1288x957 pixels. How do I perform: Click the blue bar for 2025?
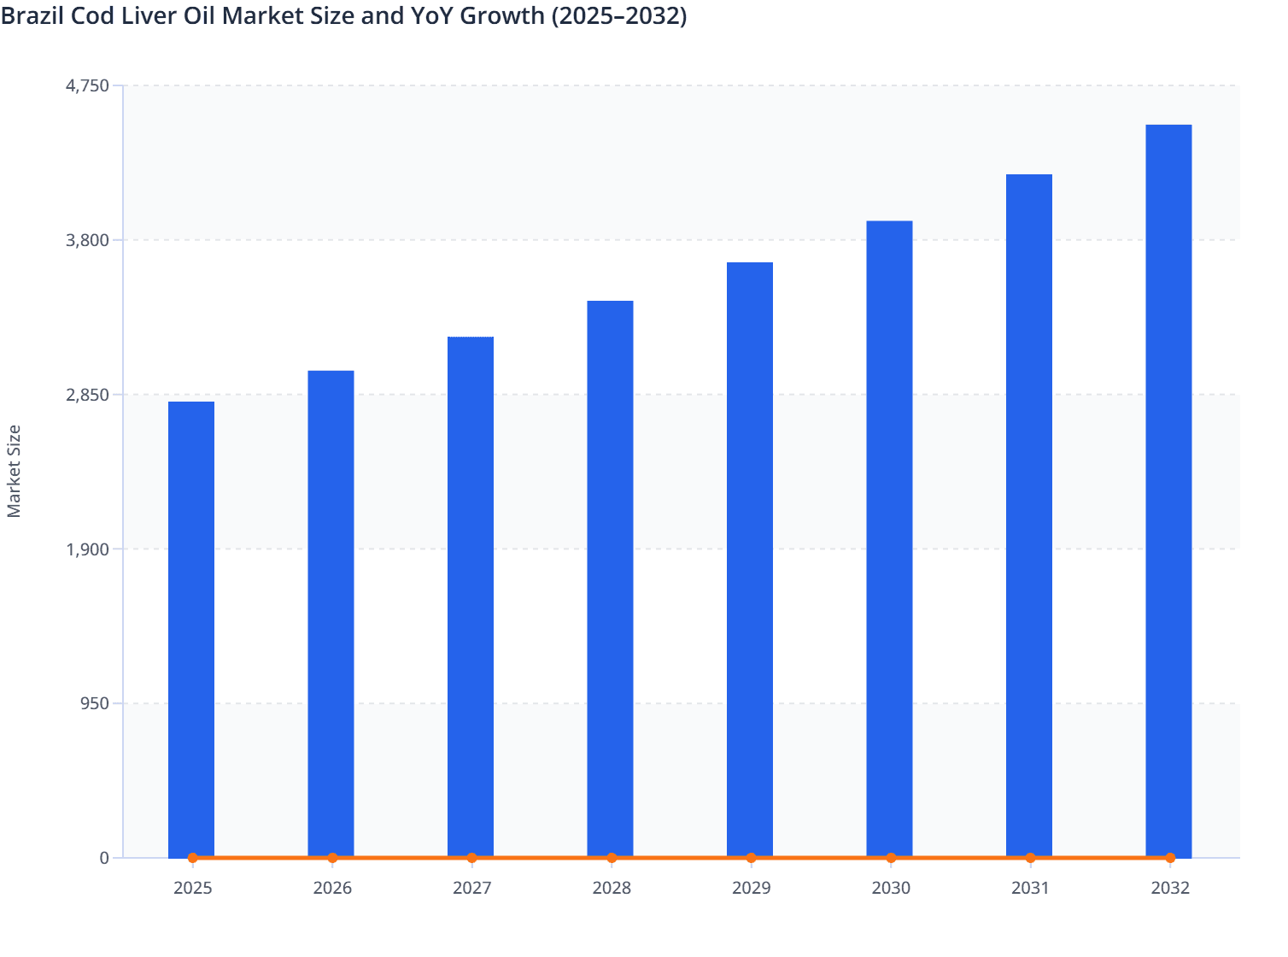191,629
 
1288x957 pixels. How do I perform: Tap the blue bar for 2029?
750,560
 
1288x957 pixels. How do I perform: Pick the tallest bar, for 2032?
1168,490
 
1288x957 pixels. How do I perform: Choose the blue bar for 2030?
889,538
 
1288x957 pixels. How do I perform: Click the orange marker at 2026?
332,858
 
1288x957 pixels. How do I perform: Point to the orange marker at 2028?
612,858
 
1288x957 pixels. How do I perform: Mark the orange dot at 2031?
1030,858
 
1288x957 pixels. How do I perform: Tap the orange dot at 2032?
1170,858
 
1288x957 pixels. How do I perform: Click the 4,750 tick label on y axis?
87,85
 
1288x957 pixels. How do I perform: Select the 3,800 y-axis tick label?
87,240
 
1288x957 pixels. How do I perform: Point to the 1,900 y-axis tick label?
87,549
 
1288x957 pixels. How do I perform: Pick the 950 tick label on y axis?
94,704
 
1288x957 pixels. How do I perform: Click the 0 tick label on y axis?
104,858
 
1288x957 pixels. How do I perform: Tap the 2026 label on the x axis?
332,889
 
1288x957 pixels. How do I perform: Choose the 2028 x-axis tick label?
612,889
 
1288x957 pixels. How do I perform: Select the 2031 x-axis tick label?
1030,889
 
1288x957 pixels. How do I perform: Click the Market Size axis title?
14,471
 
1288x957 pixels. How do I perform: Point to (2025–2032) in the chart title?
618,15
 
